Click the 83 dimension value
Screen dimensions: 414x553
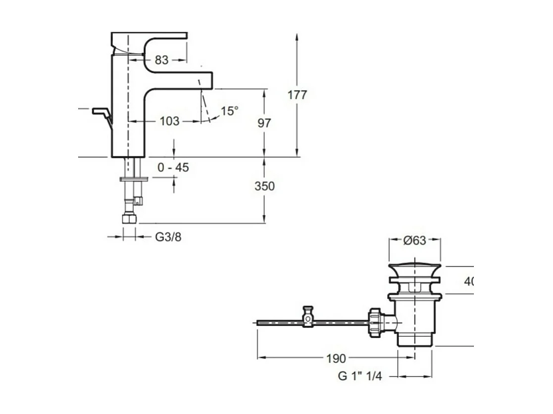pyautogui.click(x=161, y=60)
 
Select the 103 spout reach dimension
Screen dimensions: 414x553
pyautogui.click(x=169, y=121)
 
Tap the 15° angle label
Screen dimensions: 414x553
pyautogui.click(x=229, y=111)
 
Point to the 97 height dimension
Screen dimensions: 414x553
pyautogui.click(x=265, y=123)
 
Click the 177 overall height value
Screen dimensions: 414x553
pyautogui.click(x=297, y=95)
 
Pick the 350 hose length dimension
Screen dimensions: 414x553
pyautogui.click(x=264, y=186)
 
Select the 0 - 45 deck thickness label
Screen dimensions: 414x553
pyautogui.click(x=173, y=168)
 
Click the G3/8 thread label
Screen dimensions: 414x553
pyautogui.click(x=168, y=237)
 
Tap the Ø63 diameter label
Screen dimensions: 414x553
pyautogui.click(x=414, y=240)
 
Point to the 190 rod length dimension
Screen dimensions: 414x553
pyautogui.click(x=336, y=358)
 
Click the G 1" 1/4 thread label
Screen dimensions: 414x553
pyautogui.click(x=360, y=376)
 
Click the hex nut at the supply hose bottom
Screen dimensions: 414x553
pyautogui.click(x=129, y=219)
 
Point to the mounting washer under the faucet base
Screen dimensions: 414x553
pyautogui.click(x=133, y=179)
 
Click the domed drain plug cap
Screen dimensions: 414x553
pyautogui.click(x=414, y=269)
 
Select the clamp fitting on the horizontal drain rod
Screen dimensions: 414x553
pyautogui.click(x=309, y=317)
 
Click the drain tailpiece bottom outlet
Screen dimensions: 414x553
pyautogui.click(x=415, y=340)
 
